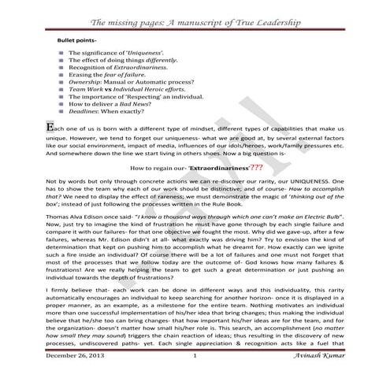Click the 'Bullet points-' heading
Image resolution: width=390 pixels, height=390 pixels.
[78, 39]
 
